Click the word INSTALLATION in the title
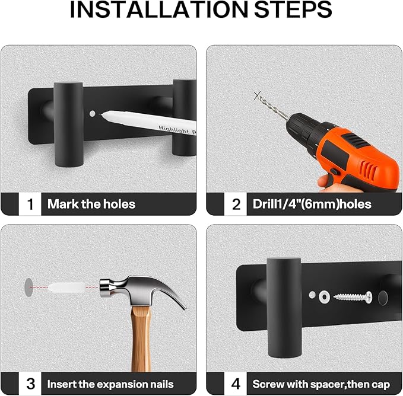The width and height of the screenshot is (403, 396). point(159,9)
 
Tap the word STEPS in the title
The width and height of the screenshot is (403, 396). point(293,9)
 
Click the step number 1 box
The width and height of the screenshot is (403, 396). point(30,205)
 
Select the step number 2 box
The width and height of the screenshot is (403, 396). point(236,205)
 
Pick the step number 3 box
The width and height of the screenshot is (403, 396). point(30,384)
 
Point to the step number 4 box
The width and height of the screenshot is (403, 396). point(236,384)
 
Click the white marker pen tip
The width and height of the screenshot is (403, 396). point(100,114)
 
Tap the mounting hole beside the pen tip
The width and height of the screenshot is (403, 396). point(92,113)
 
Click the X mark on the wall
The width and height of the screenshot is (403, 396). point(257,95)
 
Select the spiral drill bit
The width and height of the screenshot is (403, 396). point(273,107)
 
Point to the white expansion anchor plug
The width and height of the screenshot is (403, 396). point(66,288)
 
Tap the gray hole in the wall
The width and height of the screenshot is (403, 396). point(28,288)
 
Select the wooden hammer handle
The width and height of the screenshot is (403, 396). point(141,338)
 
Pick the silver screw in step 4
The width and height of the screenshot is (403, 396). point(353,297)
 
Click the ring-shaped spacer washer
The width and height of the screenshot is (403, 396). point(324,297)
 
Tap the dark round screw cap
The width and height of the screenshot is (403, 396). point(383,298)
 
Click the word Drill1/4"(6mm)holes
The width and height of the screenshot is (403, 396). point(312,205)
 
